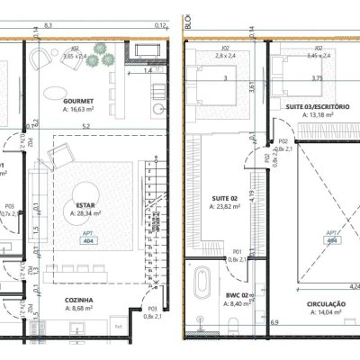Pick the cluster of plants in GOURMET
pos(100,57)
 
